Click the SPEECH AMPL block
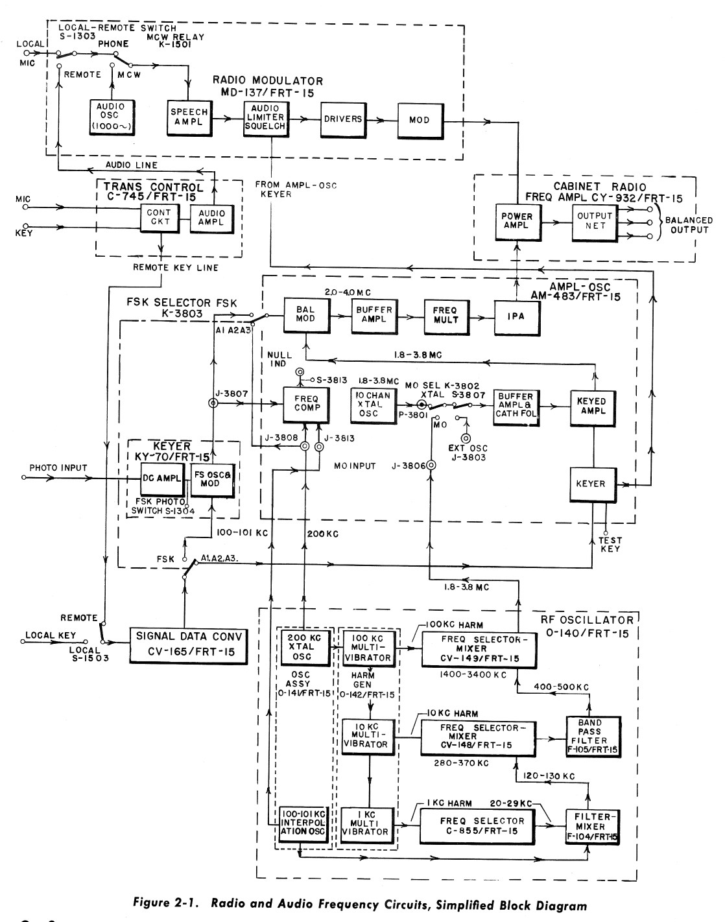(x=189, y=117)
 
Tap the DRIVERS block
(x=342, y=119)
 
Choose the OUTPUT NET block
(x=595, y=221)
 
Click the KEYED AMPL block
(x=591, y=406)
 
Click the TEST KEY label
(x=610, y=545)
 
